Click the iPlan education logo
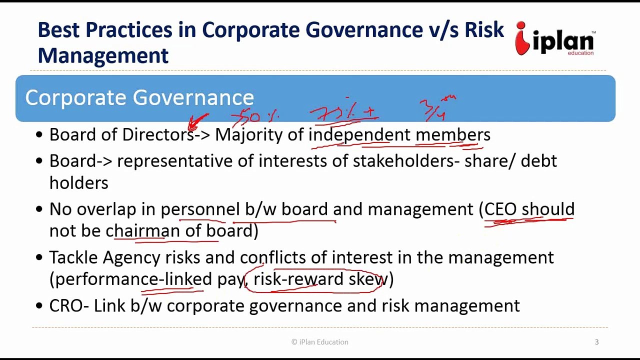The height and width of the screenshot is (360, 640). [555, 39]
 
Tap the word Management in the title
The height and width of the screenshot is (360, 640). [103, 55]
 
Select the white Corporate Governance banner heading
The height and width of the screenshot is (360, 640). [139, 97]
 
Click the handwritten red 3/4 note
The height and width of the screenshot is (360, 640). [435, 108]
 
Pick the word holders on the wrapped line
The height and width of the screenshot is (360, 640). [78, 183]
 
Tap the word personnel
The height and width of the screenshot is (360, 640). [200, 209]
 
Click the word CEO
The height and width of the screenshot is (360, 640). [500, 209]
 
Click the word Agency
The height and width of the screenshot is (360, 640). [131, 257]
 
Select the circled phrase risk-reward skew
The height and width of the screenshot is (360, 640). [318, 279]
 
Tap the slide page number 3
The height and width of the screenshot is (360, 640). [596, 342]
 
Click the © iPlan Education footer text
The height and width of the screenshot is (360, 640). [320, 342]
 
